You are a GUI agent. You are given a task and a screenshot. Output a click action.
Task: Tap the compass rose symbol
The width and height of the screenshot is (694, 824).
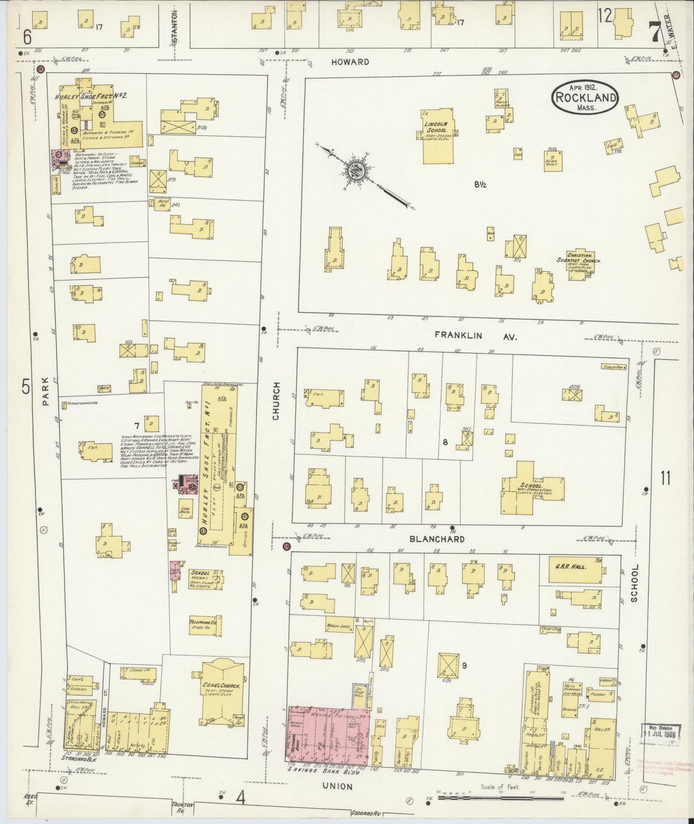coord(358,169)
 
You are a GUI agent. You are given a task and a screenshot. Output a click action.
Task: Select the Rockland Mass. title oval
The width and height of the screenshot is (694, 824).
coord(585,98)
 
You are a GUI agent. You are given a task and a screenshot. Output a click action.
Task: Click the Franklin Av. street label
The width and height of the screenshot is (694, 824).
coord(475,336)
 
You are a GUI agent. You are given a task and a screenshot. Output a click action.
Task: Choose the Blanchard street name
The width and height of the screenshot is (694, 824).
coord(437,539)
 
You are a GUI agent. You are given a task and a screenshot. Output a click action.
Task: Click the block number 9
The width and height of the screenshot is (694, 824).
coord(464,666)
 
